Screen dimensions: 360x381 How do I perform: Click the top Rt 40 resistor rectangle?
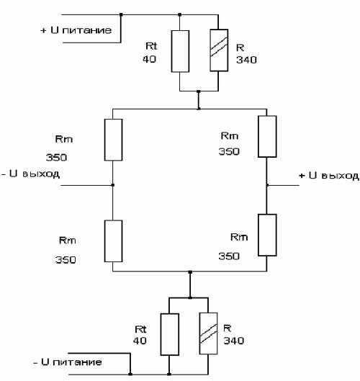pyautogui.click(x=180, y=51)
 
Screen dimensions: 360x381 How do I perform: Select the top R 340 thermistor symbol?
pyautogui.click(x=219, y=50)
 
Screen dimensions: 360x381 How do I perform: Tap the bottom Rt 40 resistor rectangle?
pyautogui.click(x=170, y=334)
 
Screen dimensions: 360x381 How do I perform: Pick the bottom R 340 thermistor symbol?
pyautogui.click(x=208, y=333)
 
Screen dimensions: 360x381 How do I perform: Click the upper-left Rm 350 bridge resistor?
pyautogui.click(x=113, y=140)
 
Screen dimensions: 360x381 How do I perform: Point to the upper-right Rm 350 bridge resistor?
pyautogui.click(x=267, y=136)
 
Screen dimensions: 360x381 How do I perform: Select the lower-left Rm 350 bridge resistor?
pyautogui.click(x=113, y=241)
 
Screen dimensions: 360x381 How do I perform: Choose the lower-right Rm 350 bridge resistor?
pyautogui.click(x=267, y=235)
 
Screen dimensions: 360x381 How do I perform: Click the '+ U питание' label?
pyautogui.click(x=76, y=30)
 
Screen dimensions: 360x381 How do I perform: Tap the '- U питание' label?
pyautogui.click(x=68, y=362)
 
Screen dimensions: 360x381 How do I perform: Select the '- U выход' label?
pyautogui.click(x=31, y=174)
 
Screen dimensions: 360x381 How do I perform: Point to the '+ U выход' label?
pyautogui.click(x=329, y=176)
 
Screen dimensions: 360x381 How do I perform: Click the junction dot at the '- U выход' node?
pyautogui.click(x=113, y=185)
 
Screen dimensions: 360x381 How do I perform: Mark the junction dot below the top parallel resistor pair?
pyautogui.click(x=199, y=91)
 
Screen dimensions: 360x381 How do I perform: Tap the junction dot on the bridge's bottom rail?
pyautogui.click(x=190, y=272)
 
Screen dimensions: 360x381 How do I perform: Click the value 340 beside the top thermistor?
pyautogui.click(x=246, y=60)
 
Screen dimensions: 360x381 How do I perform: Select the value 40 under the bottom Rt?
pyautogui.click(x=140, y=341)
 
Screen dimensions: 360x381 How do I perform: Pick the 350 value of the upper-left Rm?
pyautogui.click(x=57, y=158)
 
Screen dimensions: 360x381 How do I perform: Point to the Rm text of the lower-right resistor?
pyautogui.click(x=239, y=237)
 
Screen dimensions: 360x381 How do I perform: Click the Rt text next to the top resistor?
pyautogui.click(x=151, y=45)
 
